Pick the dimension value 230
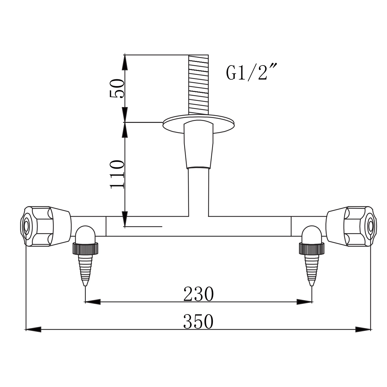[x=198, y=294]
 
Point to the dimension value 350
[x=198, y=322]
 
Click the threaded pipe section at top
[x=198, y=84]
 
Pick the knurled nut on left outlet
[x=85, y=248]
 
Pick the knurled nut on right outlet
[x=311, y=248]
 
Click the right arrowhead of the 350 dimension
[x=363, y=329]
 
